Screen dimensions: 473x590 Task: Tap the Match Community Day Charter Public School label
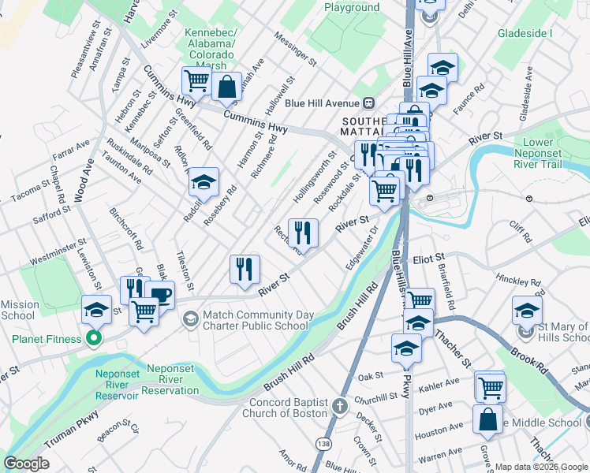255,320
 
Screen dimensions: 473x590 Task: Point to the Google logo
26,464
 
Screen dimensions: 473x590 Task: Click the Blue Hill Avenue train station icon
368,103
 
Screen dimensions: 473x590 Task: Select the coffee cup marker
159,295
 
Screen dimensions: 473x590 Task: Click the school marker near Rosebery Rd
204,184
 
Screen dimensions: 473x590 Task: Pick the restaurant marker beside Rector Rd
303,232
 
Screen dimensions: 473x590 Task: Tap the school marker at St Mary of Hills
527,310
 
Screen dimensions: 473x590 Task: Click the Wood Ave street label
80,181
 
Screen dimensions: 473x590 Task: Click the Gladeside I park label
525,34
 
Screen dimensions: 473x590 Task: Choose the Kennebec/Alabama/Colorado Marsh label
209,44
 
